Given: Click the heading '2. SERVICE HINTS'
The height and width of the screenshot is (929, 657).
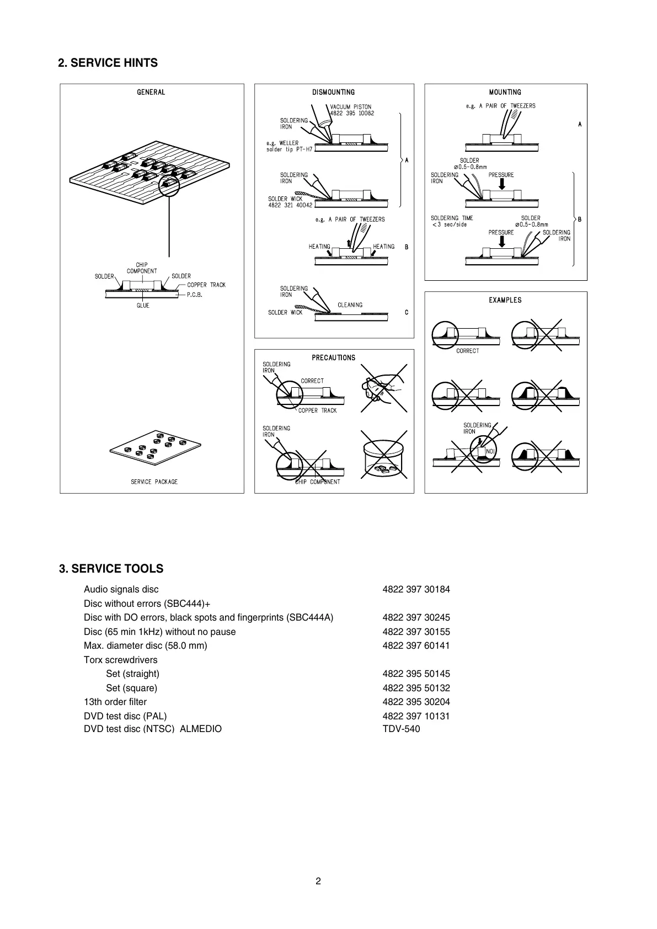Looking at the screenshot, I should click(108, 63).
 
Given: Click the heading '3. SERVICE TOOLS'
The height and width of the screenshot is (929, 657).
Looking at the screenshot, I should click(111, 569).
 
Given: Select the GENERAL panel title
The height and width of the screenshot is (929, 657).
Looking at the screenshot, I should click(151, 92).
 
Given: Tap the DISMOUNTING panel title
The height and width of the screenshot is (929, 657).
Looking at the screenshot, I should click(334, 92).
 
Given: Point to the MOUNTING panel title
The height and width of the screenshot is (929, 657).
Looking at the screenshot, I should click(505, 92).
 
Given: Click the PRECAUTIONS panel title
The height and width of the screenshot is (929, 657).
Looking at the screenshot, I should click(334, 357).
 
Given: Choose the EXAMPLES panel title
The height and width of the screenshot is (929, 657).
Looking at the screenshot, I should click(505, 300).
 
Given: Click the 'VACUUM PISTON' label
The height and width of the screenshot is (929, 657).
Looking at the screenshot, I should click(351, 107).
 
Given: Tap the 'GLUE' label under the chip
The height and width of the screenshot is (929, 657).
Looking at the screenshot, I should click(143, 306).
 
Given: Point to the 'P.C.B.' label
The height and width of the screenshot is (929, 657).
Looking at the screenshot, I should click(195, 295).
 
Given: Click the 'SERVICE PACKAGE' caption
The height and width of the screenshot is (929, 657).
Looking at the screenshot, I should click(154, 482).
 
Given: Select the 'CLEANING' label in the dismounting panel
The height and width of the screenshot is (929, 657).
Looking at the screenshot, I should click(350, 305).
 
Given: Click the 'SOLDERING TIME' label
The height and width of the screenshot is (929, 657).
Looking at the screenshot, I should click(452, 218).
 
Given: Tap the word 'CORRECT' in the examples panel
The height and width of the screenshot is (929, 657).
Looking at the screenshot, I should click(467, 351).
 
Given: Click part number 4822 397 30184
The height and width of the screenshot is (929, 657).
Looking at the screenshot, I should click(416, 589).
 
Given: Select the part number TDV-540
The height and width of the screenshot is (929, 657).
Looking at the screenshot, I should click(401, 729).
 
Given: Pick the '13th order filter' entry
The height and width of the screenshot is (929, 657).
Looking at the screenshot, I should click(115, 702).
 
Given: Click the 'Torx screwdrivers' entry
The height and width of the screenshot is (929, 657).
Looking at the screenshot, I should click(120, 660).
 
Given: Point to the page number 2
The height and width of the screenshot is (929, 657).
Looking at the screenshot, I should click(318, 881).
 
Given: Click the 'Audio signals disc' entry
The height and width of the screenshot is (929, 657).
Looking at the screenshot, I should click(121, 589).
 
